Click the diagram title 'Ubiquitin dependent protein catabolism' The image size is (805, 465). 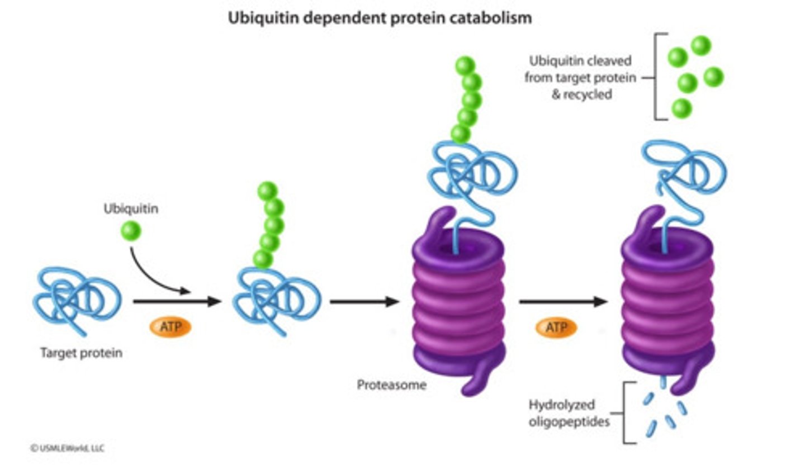[379, 18]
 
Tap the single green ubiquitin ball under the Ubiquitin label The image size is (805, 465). [131, 230]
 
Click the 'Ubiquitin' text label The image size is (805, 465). [131, 209]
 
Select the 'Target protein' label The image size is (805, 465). [81, 353]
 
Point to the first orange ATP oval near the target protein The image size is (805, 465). [170, 327]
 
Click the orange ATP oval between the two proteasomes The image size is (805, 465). [556, 327]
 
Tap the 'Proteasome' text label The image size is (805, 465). [391, 385]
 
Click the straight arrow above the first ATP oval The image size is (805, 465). [177, 302]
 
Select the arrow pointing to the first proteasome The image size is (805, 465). [364, 302]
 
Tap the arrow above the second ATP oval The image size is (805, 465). [562, 302]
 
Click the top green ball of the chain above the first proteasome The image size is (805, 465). [465, 66]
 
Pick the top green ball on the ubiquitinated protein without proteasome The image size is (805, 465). [268, 191]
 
